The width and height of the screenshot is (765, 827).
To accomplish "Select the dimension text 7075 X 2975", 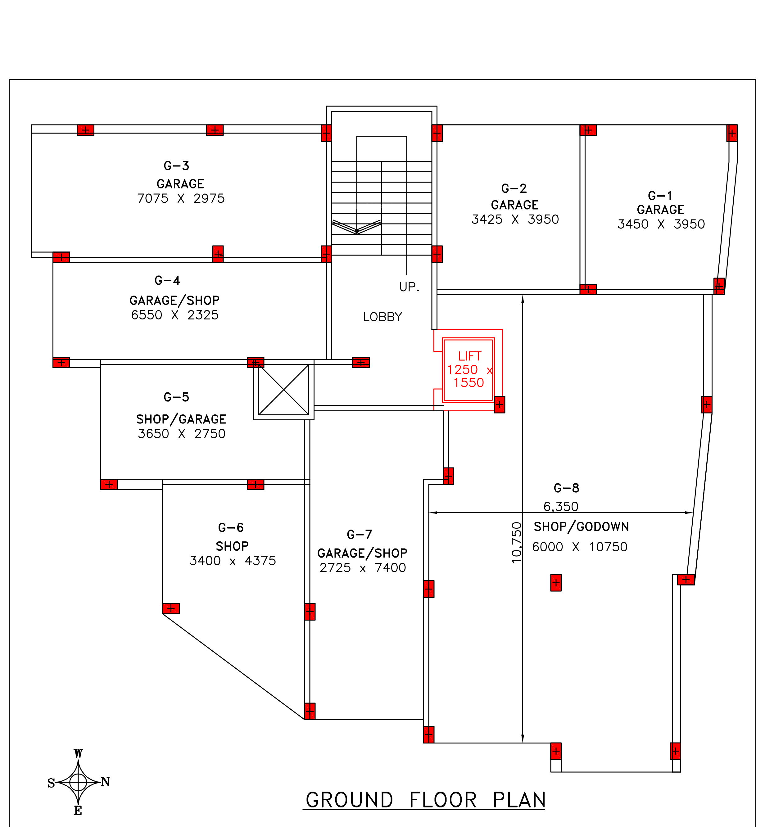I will (x=181, y=199).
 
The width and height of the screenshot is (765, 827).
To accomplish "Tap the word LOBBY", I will (x=382, y=317).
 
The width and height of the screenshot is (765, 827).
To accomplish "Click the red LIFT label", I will (x=469, y=356).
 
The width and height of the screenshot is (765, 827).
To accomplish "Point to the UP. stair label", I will (x=409, y=287).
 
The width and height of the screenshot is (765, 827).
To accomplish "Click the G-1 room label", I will (x=660, y=196).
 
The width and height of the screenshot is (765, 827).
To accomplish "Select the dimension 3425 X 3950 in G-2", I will (x=515, y=219).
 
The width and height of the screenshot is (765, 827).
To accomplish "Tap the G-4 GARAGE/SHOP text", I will (x=174, y=301).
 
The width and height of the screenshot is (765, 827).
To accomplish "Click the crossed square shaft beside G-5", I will (x=283, y=390).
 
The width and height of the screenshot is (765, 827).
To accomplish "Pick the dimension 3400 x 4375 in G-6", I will (x=233, y=561).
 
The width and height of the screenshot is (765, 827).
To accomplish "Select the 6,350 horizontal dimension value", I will (x=560, y=507).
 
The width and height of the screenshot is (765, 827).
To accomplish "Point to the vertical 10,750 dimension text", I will (x=517, y=543).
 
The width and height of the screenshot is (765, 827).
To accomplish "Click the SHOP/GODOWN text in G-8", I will (x=581, y=527).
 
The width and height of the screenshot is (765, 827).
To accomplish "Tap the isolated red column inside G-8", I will (x=555, y=583).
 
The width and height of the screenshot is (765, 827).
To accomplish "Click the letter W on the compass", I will (x=78, y=754).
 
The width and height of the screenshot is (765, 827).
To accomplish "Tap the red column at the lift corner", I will (x=499, y=404).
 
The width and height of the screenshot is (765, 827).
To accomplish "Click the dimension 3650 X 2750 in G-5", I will (x=182, y=434).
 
